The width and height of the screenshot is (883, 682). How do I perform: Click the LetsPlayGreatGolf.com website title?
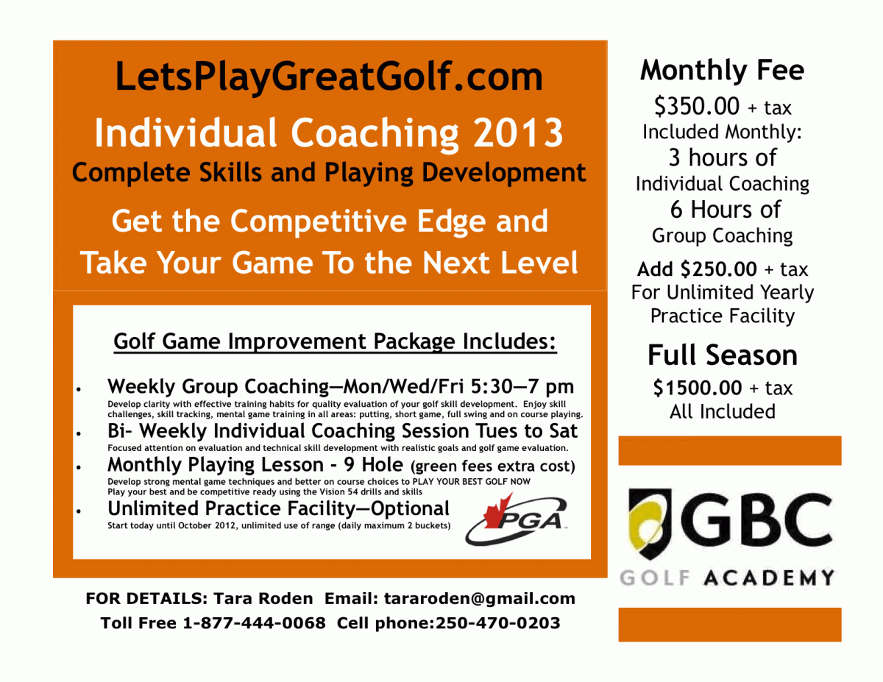(x=329, y=77)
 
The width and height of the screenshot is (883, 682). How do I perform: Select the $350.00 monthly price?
(x=697, y=107)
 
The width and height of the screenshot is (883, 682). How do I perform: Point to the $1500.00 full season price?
(x=698, y=388)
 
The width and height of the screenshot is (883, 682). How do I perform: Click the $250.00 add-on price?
(x=718, y=269)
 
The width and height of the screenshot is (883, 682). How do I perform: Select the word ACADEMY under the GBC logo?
(x=769, y=578)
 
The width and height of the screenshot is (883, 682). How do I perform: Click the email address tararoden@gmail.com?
(x=480, y=598)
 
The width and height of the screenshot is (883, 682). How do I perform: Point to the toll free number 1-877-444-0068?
(x=255, y=622)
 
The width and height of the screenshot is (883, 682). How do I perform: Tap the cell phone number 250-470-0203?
(x=497, y=622)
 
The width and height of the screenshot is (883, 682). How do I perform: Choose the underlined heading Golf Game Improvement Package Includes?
(x=335, y=341)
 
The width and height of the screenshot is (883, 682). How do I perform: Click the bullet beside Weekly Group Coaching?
(x=79, y=389)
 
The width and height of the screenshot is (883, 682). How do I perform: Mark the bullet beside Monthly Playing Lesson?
(x=79, y=467)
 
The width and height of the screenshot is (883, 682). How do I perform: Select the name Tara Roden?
(x=263, y=598)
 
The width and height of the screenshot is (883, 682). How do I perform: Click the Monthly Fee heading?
(x=722, y=71)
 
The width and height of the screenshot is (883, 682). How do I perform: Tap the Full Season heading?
(x=723, y=355)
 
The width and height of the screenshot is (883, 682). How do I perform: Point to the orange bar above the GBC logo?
(x=730, y=450)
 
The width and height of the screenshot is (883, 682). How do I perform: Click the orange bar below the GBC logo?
(x=730, y=625)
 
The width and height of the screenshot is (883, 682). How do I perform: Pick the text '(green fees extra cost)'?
(x=493, y=466)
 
